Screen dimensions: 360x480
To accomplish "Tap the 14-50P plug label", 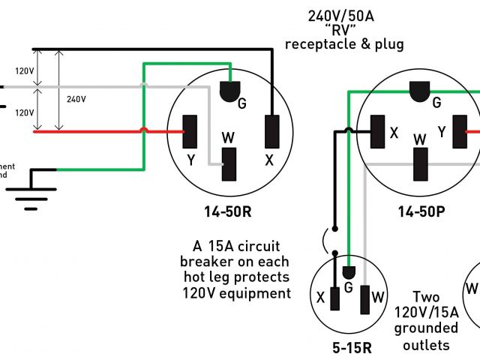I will pyautogui.click(x=421, y=211).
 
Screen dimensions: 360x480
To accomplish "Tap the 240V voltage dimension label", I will pyautogui.click(x=76, y=98).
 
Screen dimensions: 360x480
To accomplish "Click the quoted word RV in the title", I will pyautogui.click(x=345, y=29).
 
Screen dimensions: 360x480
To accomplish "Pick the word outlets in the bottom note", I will pyautogui.click(x=425, y=345).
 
